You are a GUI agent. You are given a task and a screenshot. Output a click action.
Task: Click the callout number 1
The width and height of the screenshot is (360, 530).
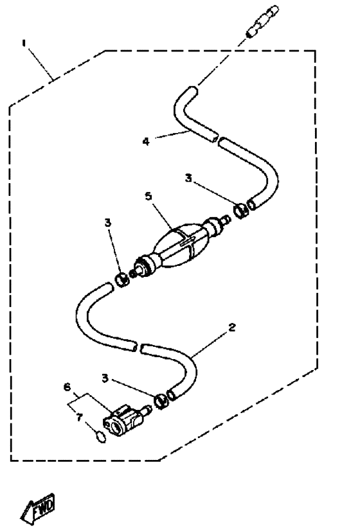click(24, 43)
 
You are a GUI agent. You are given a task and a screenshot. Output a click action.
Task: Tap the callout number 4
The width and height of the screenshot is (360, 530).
click(146, 141)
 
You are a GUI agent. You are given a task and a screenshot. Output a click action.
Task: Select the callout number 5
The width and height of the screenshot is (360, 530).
click(148, 196)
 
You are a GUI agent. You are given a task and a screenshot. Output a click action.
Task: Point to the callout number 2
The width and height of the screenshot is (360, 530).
click(232, 327)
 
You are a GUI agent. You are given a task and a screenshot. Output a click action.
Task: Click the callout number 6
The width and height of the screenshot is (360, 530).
click(67, 387)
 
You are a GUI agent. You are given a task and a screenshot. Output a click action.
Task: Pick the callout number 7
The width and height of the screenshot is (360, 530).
click(79, 418)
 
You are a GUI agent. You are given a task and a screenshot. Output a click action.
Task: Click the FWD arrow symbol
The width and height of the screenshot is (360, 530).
click(37, 508)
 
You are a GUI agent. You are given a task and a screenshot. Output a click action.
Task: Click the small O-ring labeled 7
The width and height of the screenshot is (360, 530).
click(101, 437)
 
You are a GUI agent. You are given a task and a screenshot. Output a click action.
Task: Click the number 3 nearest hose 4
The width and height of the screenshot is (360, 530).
click(188, 178)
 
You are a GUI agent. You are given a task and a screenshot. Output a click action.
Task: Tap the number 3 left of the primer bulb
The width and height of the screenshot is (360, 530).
click(107, 223)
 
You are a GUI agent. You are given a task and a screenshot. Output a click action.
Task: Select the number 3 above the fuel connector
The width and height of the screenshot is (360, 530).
click(105, 378)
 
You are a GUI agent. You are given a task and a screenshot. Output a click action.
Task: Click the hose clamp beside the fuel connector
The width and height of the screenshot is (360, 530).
click(161, 401)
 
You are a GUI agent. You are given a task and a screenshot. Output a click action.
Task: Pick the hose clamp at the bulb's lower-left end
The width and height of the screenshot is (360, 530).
click(122, 279)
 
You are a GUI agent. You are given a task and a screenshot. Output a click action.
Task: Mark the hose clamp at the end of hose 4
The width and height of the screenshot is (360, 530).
click(241, 211)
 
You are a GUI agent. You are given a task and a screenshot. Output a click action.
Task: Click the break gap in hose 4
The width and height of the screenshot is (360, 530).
click(217, 139)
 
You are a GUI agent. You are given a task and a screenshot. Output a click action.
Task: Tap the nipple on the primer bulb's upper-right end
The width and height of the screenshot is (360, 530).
click(226, 220)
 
